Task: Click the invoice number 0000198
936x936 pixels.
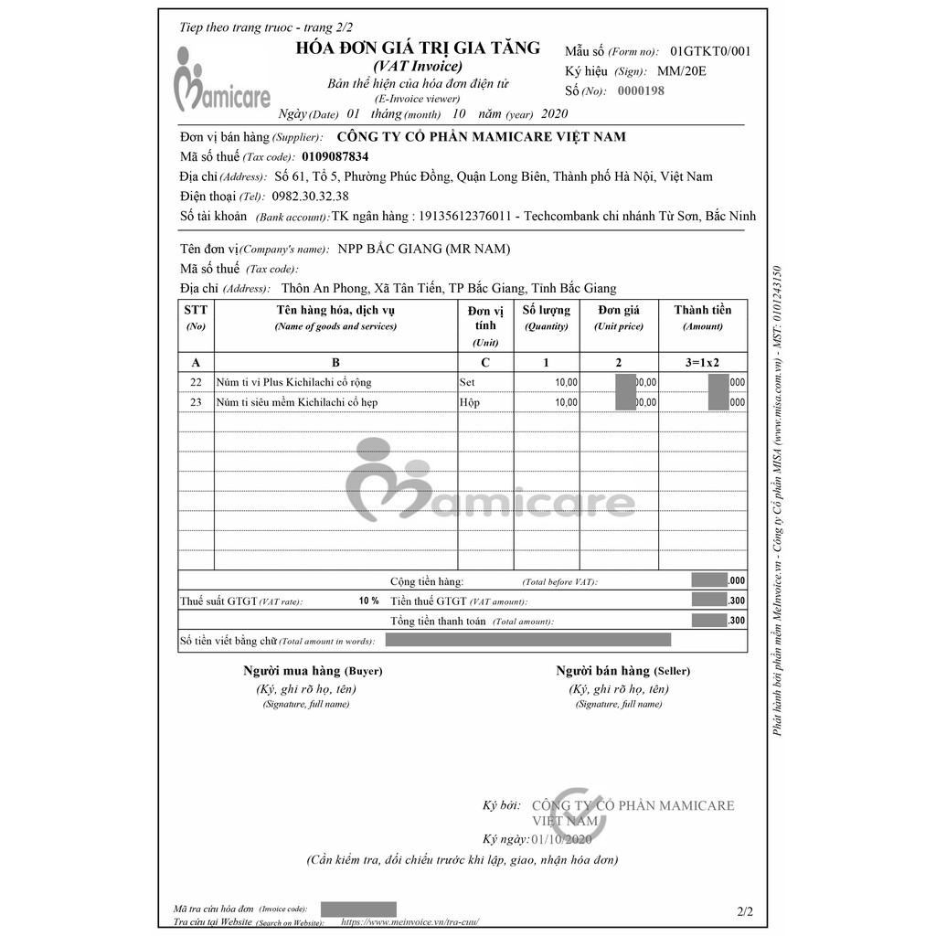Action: pos(641,91)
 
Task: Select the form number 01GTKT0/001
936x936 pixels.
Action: pos(710,51)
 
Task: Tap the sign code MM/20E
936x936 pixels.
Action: pos(682,71)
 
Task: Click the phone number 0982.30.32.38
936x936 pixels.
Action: pos(310,197)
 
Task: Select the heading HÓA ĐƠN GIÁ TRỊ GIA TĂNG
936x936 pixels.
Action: pos(418,48)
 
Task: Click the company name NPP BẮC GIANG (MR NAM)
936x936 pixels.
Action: pos(424,249)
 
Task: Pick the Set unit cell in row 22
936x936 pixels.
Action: pos(467,382)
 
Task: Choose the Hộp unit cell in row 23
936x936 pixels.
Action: pos(469,402)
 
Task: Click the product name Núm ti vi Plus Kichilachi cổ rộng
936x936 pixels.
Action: pos(293,382)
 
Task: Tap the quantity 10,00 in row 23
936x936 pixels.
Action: pos(567,402)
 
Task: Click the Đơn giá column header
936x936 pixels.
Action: pos(619,311)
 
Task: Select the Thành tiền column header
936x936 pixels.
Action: pos(702,311)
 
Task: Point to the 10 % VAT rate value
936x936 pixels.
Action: pos(368,601)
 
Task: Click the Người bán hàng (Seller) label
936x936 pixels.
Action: pos(618,671)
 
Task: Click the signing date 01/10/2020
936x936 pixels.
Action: pos(562,839)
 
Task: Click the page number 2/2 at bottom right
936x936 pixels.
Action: pos(745,911)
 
